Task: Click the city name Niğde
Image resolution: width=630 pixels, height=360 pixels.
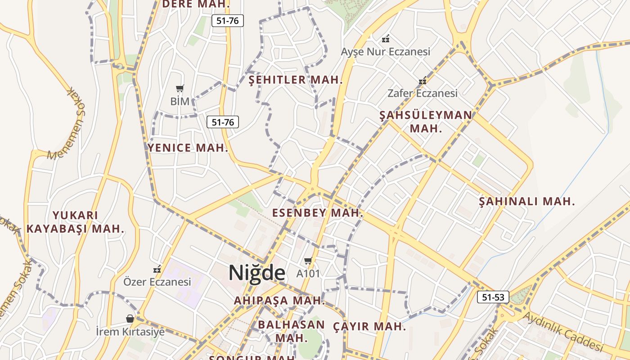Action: coord(256,273)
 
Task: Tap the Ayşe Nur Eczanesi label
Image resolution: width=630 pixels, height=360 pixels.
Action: coord(385,52)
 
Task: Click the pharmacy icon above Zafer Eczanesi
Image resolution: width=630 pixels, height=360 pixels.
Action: coord(422,81)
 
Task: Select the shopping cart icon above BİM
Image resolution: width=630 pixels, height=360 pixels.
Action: coord(180,88)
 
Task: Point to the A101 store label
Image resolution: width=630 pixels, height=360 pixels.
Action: coord(308,273)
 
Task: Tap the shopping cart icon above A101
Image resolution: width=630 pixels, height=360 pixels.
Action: coord(308,261)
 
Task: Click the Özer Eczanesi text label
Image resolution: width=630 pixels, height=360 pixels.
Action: coord(157,282)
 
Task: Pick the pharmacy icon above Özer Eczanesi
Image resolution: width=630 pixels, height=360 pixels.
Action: coord(157,270)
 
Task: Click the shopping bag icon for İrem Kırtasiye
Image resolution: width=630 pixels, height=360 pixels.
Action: coord(130,319)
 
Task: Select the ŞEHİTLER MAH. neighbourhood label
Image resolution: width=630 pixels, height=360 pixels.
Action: coord(296,81)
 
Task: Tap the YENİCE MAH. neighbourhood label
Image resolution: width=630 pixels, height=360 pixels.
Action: coord(188,148)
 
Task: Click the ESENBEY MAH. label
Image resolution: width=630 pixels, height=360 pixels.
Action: coord(318,213)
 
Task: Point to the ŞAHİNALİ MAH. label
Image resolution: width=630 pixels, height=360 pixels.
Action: coord(526,202)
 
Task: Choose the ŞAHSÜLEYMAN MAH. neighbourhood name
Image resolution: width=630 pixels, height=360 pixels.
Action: coord(426,121)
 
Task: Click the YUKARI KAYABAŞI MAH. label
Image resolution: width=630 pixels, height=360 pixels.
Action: coord(75,222)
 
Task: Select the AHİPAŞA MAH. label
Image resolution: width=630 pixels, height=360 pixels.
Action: coord(279,300)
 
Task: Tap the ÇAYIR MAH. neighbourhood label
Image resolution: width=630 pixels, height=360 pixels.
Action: coord(369,327)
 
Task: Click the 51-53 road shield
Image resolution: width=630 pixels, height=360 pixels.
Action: coord(493,297)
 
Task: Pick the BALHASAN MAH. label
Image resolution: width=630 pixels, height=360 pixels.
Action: coord(291,331)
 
